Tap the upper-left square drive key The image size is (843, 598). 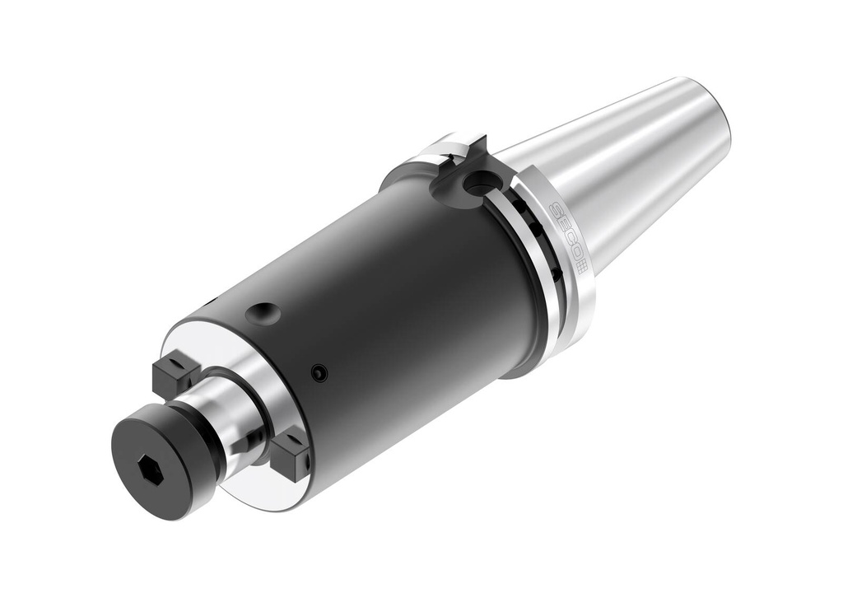[175, 371]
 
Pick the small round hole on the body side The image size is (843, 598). [318, 373]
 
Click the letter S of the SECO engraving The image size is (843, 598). [553, 211]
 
